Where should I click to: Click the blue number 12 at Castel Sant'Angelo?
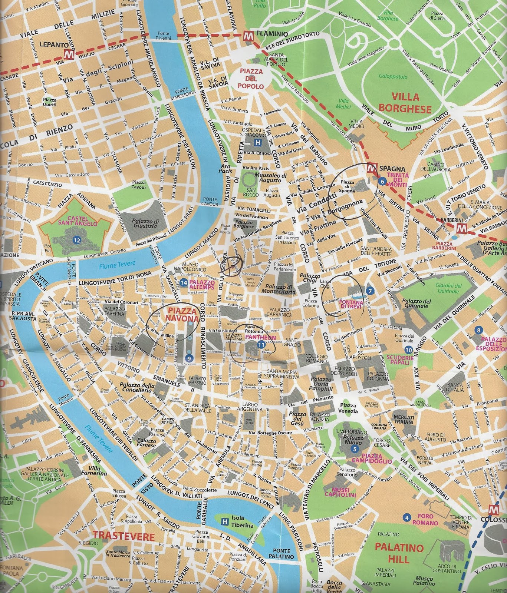pyautogui.click(x=77, y=240)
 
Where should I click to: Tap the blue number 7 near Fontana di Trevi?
pyautogui.click(x=370, y=291)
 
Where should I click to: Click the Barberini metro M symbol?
pyautogui.click(x=461, y=228)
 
